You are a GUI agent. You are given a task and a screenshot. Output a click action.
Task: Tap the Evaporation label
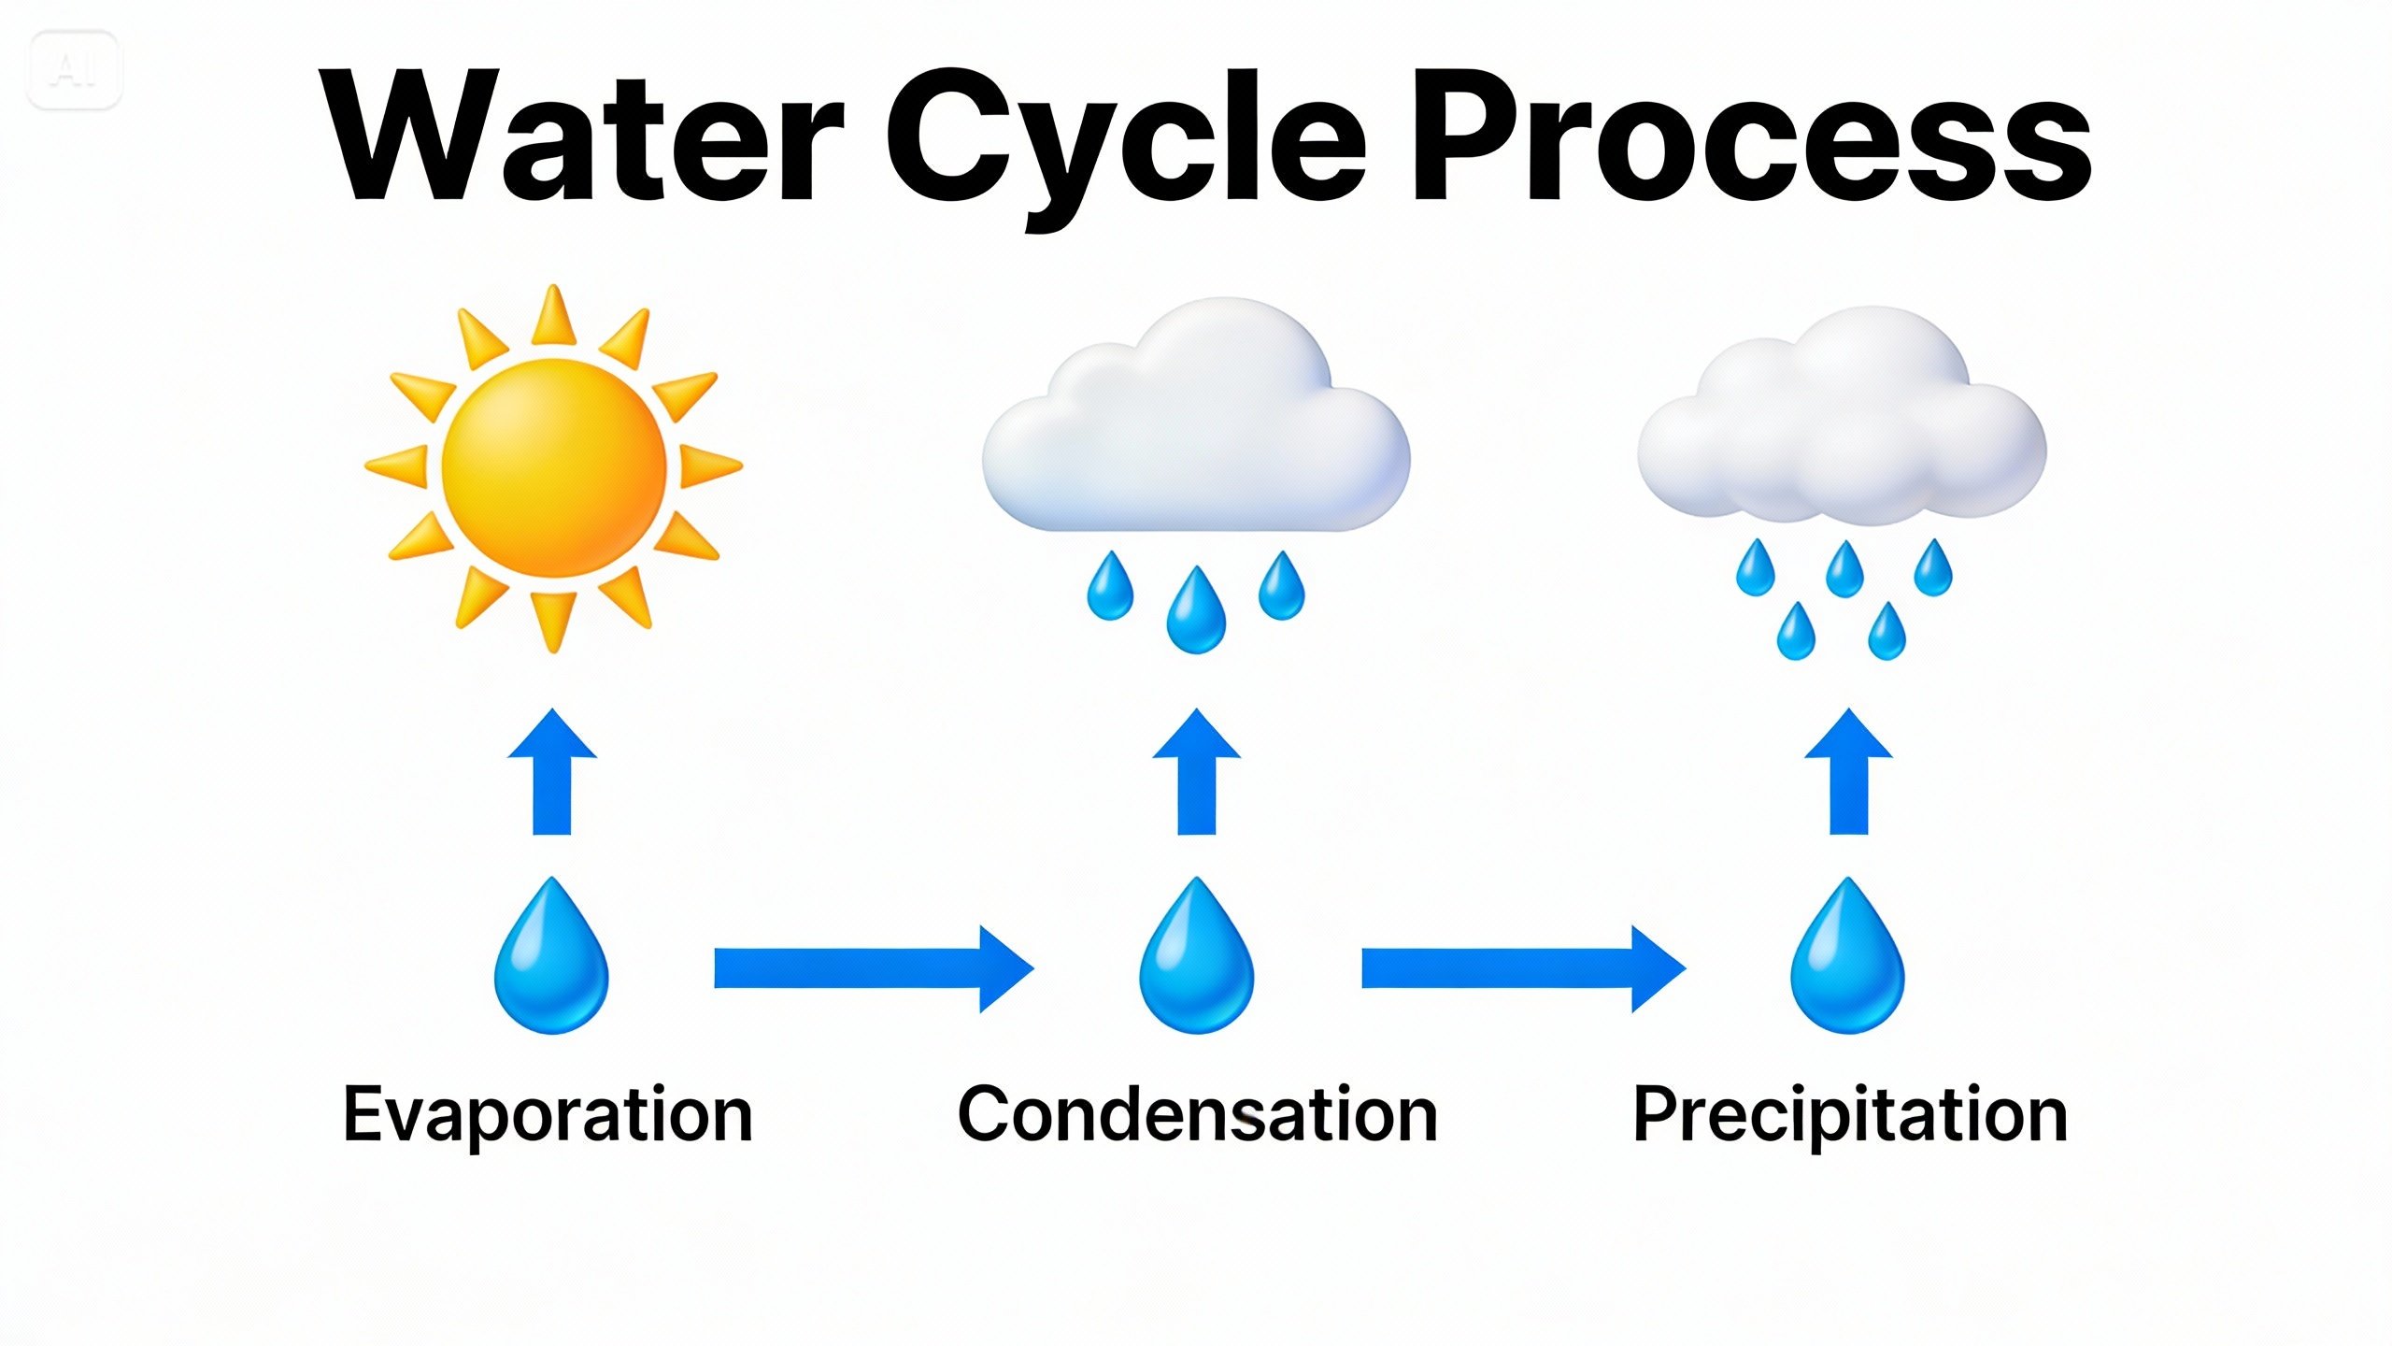pyautogui.click(x=548, y=1114)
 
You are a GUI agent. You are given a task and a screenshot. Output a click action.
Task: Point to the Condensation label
pyautogui.click(x=1197, y=1114)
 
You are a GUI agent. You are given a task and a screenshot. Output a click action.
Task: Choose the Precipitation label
pyautogui.click(x=1849, y=1114)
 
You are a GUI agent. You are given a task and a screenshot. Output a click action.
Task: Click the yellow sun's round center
pyautogui.click(x=553, y=467)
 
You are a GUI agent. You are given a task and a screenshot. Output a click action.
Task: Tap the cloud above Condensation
pyautogui.click(x=1196, y=430)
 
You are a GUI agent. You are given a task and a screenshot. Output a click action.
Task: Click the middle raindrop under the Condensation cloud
pyautogui.click(x=1196, y=613)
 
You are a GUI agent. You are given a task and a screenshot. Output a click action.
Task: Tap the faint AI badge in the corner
pyautogui.click(x=74, y=70)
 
